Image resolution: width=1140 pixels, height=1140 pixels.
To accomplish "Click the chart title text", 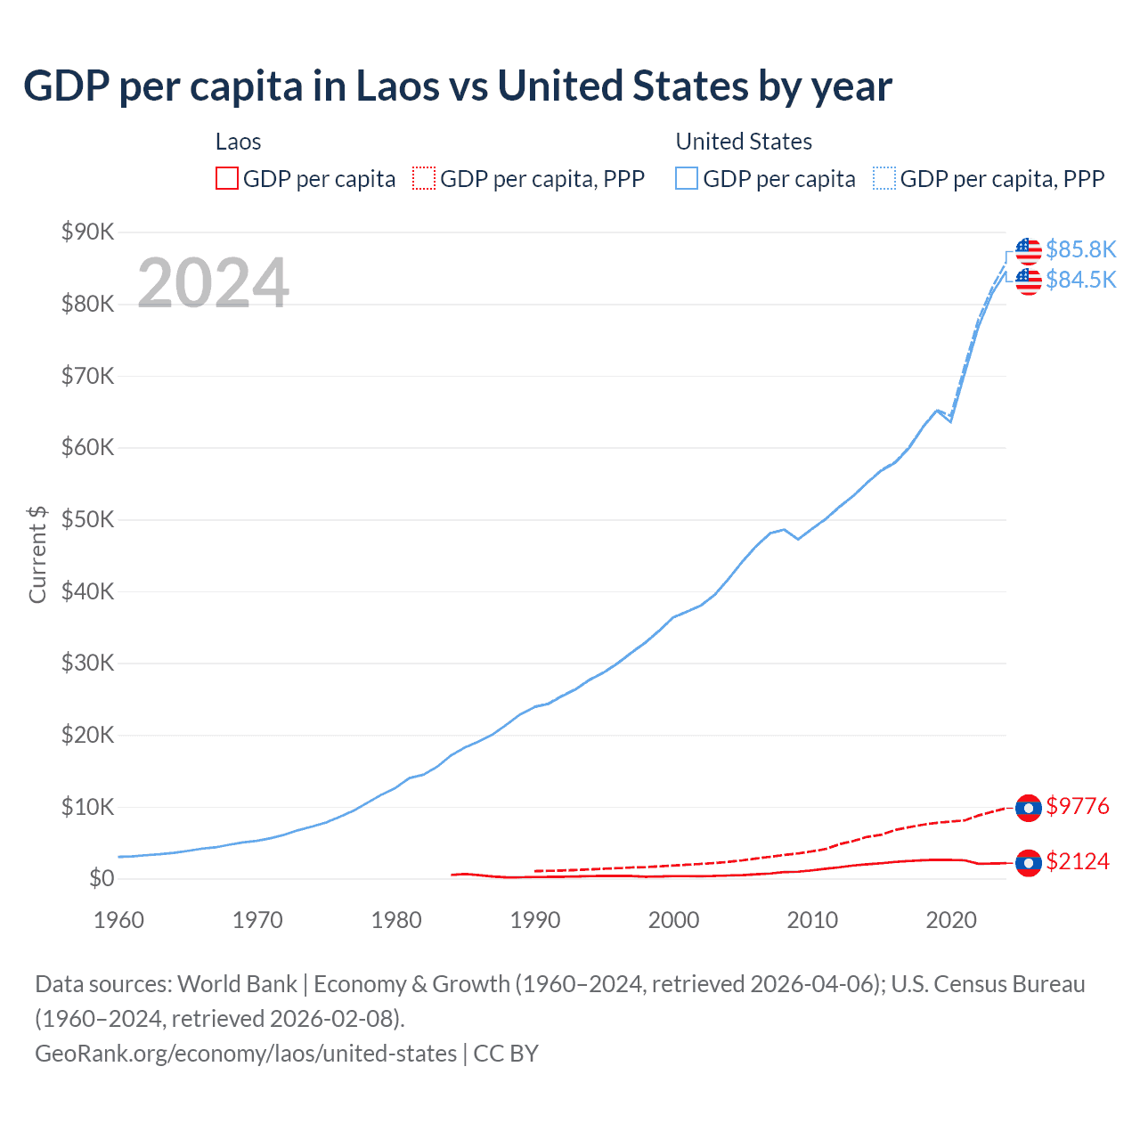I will [x=457, y=86].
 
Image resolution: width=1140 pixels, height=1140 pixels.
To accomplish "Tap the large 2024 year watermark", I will [x=213, y=283].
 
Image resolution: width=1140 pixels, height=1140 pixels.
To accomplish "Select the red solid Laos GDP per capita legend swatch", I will [x=227, y=179].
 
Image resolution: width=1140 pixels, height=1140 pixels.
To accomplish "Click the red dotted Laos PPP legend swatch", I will [x=424, y=179].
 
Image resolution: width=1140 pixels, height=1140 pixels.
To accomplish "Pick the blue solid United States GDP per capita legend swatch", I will [x=687, y=179].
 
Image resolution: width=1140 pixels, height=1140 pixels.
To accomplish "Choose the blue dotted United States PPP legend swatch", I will [x=884, y=179].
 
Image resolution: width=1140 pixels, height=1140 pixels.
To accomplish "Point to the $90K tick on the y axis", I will [x=87, y=232].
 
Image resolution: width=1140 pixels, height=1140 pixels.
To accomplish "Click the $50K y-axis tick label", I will [x=87, y=520].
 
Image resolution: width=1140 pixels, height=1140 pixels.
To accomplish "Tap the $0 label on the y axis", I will [x=101, y=879].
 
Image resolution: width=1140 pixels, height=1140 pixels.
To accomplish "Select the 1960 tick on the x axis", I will [x=118, y=920].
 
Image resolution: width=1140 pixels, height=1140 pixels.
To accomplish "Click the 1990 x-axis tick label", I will [x=535, y=920].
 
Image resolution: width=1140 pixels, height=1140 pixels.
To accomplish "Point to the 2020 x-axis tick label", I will [x=951, y=920].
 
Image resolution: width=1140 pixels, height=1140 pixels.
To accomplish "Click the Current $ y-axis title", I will [x=37, y=554].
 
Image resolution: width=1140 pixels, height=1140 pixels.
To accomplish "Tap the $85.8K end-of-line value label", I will [x=1080, y=249].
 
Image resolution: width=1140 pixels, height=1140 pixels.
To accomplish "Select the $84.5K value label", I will [x=1080, y=280].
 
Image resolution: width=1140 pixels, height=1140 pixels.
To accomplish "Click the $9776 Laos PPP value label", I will [x=1078, y=807].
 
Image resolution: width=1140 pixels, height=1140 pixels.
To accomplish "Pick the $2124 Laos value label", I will [x=1078, y=861].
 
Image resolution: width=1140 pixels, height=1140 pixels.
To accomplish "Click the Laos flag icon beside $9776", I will [x=1029, y=808].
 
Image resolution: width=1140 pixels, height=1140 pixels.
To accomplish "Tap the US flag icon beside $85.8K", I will [x=1029, y=251].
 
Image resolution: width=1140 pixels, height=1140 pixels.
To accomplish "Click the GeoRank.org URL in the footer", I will [x=245, y=1054].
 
